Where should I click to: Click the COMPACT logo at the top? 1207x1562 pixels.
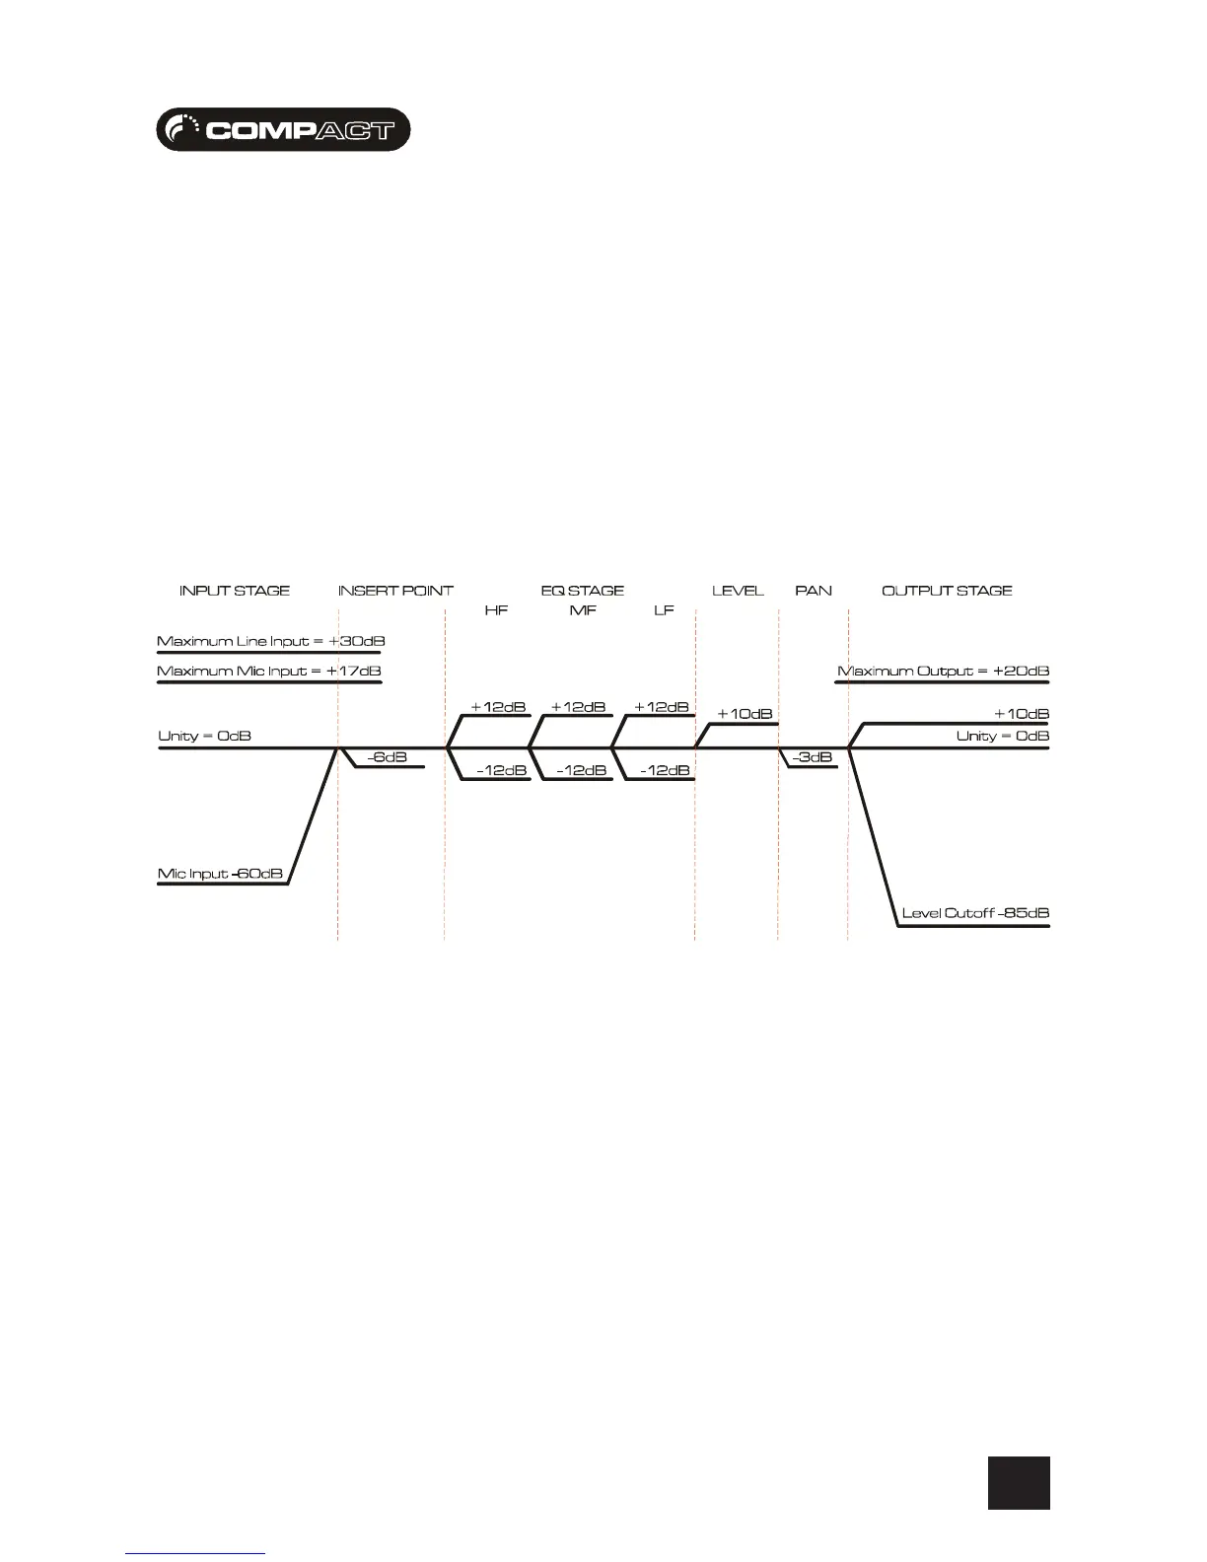click(283, 129)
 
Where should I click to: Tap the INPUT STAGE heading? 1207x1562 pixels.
click(235, 591)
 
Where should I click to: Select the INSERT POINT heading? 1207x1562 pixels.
click(395, 591)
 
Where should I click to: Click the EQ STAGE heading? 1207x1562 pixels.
click(583, 591)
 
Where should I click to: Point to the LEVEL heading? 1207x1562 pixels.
click(738, 591)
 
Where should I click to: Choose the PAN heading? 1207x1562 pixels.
click(814, 591)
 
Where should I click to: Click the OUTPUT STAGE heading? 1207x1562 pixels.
click(947, 591)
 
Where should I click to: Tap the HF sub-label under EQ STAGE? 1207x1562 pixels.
click(496, 610)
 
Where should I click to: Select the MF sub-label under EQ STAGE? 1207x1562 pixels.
click(583, 610)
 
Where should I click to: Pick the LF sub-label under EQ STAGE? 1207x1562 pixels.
click(664, 610)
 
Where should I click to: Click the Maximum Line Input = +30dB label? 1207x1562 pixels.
click(270, 641)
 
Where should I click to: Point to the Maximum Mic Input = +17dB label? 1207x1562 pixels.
click(269, 672)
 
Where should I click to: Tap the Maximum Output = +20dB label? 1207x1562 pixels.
click(943, 672)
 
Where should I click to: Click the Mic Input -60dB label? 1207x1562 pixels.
click(221, 874)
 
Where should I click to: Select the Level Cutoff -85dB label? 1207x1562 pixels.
click(975, 913)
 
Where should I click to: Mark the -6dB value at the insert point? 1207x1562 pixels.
click(387, 757)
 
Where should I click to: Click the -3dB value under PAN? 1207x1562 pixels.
click(812, 757)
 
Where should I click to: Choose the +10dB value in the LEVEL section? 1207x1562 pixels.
click(745, 714)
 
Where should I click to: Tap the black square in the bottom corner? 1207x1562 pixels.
click(1019, 1482)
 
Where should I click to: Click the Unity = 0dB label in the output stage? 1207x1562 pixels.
click(1002, 736)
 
